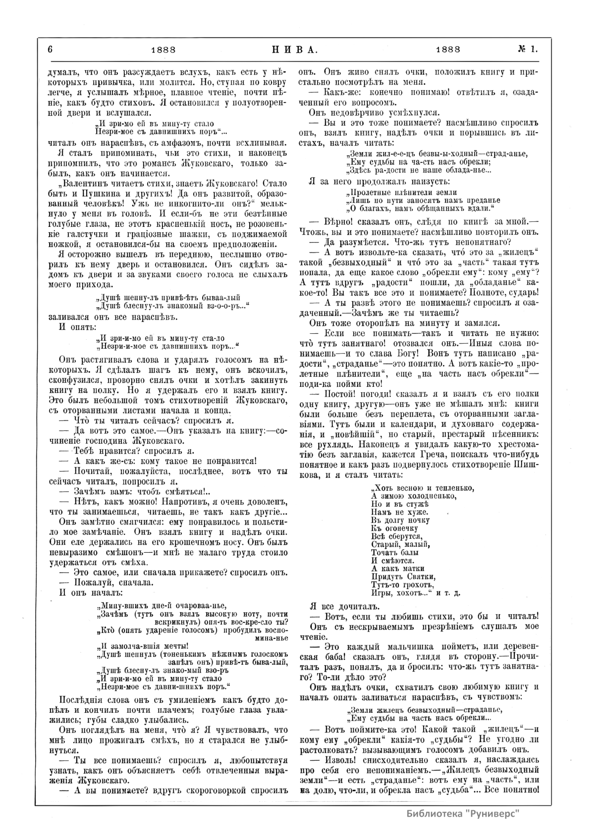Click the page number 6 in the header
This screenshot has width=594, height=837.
coord(51,49)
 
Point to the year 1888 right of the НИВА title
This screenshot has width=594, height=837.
coord(448,49)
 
